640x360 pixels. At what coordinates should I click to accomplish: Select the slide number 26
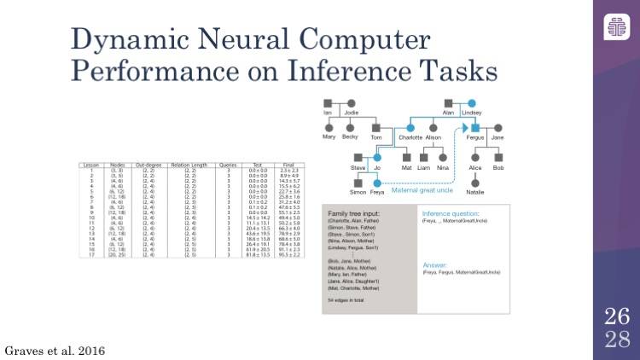617,318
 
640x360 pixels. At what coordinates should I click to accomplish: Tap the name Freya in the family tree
376,192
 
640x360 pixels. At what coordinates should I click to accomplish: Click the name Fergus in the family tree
475,137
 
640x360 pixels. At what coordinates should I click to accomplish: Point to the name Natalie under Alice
474,192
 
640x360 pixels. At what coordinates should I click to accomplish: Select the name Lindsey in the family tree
471,112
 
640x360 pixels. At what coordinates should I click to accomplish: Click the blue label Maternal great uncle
422,201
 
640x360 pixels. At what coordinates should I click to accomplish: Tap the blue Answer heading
435,264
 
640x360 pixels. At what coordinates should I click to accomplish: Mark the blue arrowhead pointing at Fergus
465,127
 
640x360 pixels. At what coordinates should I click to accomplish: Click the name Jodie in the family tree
351,112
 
